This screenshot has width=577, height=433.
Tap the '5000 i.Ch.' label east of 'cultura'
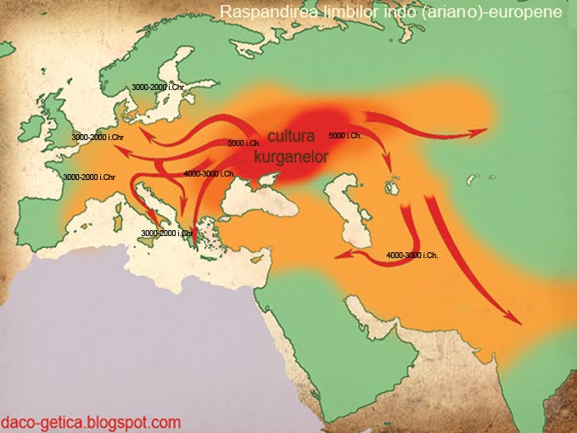(x=345, y=136)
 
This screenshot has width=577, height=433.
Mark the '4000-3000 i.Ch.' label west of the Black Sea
(x=210, y=173)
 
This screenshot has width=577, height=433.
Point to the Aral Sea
(x=393, y=184)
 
